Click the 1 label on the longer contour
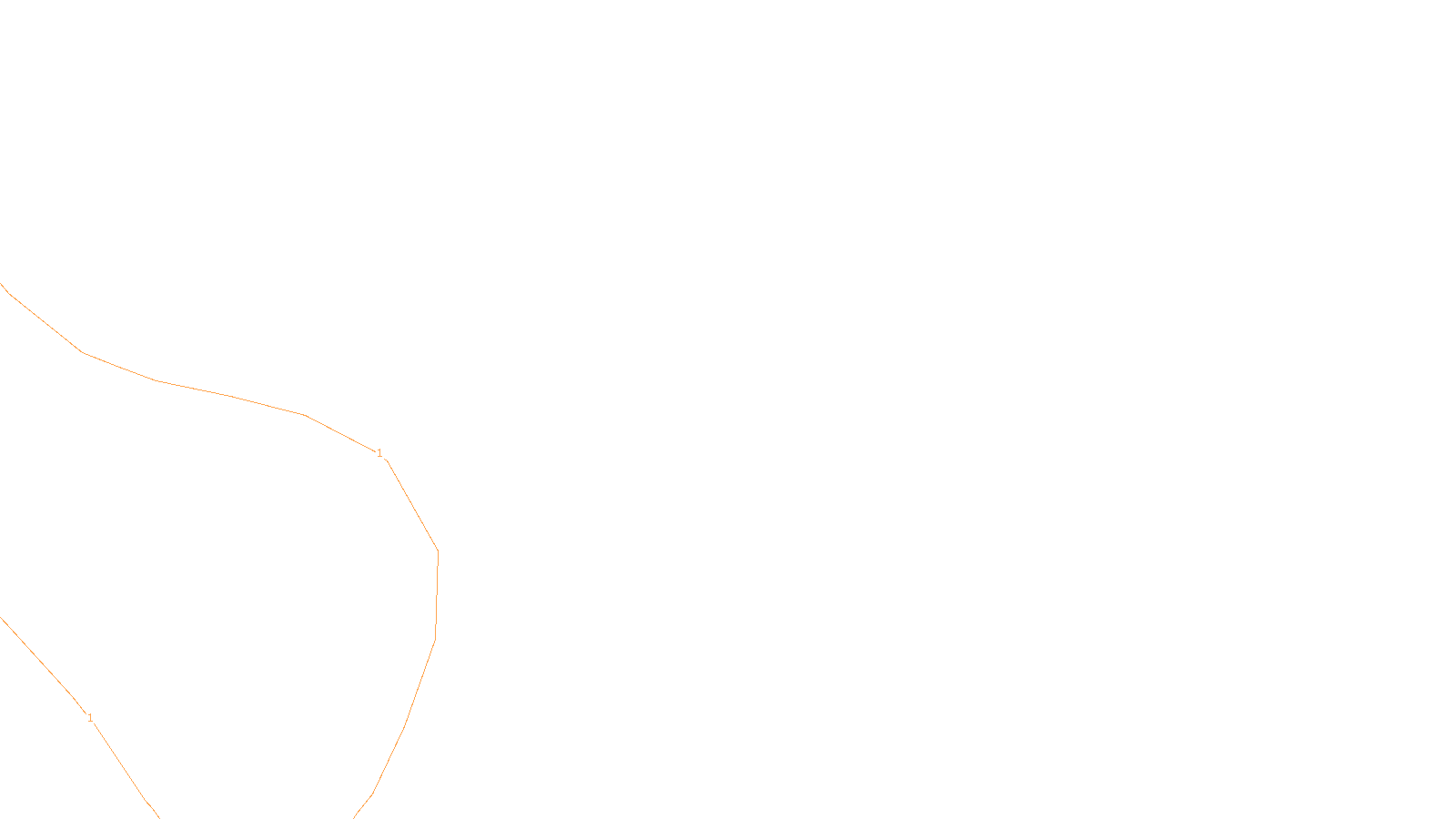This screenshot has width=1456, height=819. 379,453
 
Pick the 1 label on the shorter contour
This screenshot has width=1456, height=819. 90,718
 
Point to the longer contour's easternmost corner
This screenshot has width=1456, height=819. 438,551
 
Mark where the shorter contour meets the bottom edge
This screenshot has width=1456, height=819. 159,817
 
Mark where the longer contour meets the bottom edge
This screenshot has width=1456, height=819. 354,817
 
